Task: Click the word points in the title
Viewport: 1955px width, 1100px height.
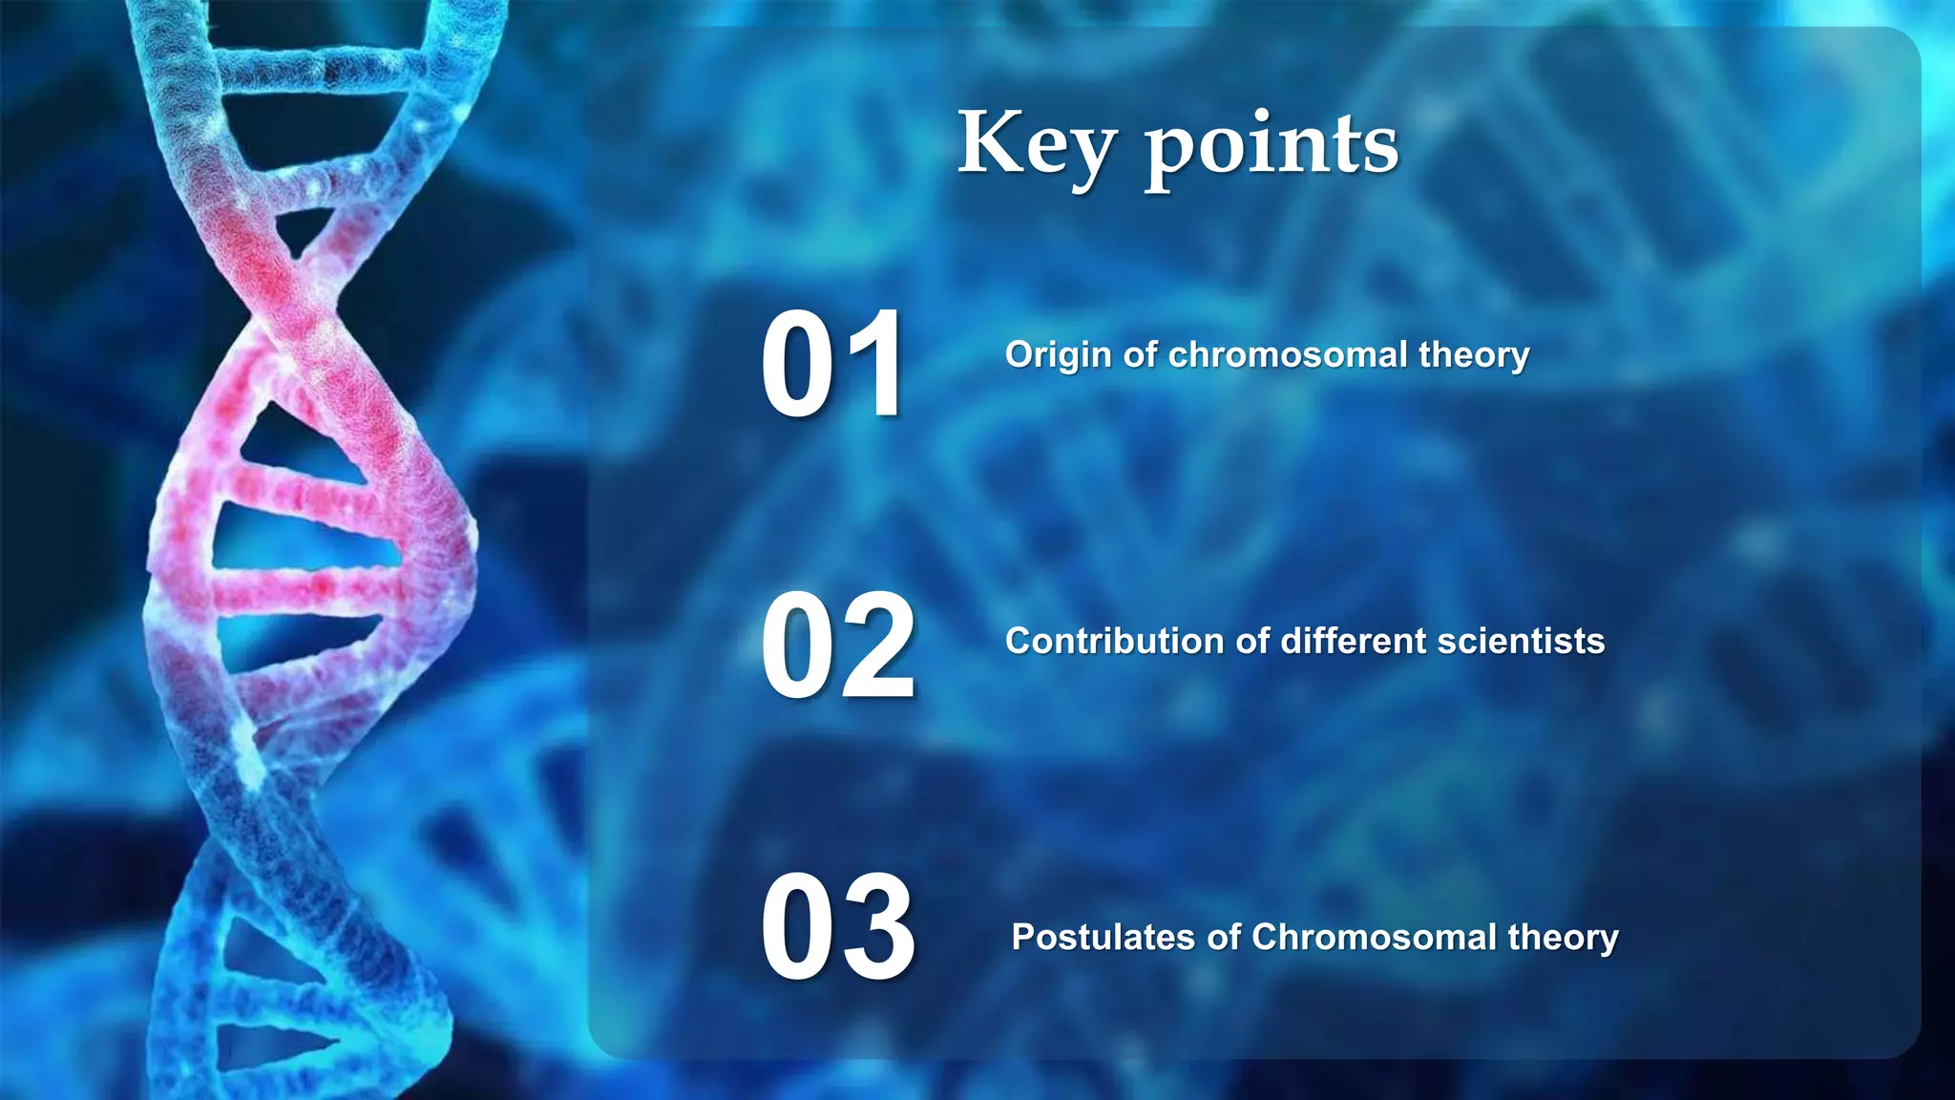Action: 1272,147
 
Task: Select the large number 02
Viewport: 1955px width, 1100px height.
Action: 838,646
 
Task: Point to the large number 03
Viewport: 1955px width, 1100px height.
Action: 838,928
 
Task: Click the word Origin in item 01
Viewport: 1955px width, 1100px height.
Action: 1058,355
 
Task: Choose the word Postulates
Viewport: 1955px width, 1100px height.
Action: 1103,937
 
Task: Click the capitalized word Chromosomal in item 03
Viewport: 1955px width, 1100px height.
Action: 1374,937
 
